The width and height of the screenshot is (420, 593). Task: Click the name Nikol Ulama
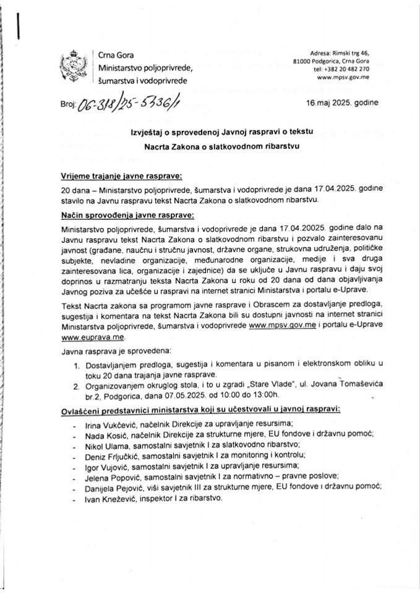tap(94, 444)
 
